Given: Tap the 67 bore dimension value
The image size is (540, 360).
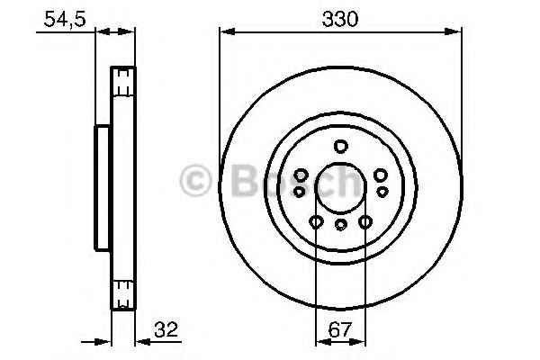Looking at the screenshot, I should pyautogui.click(x=340, y=329).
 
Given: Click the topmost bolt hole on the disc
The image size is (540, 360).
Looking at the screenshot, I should pyautogui.click(x=340, y=147).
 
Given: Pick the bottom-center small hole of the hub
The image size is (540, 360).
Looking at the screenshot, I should pyautogui.click(x=340, y=225).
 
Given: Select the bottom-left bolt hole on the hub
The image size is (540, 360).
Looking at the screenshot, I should pyautogui.click(x=316, y=221).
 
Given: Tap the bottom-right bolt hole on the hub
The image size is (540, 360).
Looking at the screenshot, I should pyautogui.click(x=365, y=221).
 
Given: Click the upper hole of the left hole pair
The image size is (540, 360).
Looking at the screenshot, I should pyautogui.click(x=301, y=175).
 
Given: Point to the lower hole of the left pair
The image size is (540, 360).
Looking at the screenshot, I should pyautogui.click(x=298, y=192).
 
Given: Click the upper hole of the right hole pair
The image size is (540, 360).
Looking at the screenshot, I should pyautogui.click(x=381, y=175).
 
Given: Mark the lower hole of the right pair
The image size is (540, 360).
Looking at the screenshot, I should pyautogui.click(x=382, y=192).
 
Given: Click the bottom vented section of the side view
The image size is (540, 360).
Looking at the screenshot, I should pyautogui.click(x=124, y=290).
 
